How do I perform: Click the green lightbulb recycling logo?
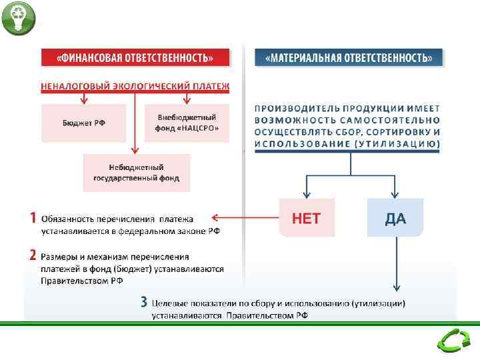coord(18,18)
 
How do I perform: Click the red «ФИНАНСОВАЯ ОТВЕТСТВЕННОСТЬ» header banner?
coord(135,58)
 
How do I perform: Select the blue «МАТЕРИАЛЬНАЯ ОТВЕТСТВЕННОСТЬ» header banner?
coord(349,58)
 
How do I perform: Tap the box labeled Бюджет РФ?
coord(83,123)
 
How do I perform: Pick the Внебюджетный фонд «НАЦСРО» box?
coord(187,123)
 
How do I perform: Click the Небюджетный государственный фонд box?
coord(136,173)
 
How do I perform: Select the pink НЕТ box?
coord(307,218)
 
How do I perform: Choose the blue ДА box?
coord(395,218)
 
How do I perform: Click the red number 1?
coord(32,217)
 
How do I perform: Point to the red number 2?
coord(33,255)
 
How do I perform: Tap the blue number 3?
coord(143,302)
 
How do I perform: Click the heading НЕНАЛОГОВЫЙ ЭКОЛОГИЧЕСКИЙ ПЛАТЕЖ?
coord(135,87)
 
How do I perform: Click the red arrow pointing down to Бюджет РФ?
coord(83,97)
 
